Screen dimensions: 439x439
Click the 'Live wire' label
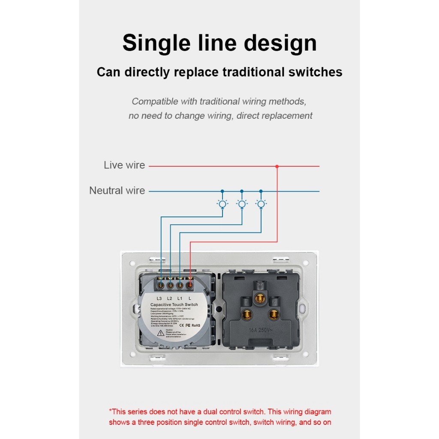pyautogui.click(x=124, y=165)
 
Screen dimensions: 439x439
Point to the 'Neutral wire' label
pyautogui.click(x=117, y=191)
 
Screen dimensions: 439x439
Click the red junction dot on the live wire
pyautogui.click(x=277, y=166)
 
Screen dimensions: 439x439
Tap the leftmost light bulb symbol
pyautogui.click(x=222, y=204)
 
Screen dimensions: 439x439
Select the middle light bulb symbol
pyautogui.click(x=242, y=204)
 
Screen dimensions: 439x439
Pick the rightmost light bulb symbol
pyautogui.click(x=261, y=204)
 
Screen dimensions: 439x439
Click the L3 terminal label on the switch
pyautogui.click(x=159, y=298)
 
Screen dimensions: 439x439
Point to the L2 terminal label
pyautogui.click(x=170, y=298)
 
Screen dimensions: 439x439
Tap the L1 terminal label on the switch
pyautogui.click(x=180, y=298)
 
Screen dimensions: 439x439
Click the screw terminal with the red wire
pyautogui.click(x=189, y=284)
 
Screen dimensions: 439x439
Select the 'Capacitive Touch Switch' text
pyautogui.click(x=174, y=305)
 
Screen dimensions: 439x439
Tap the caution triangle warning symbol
pyautogui.click(x=159, y=333)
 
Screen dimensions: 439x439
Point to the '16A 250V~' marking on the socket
pyautogui.click(x=260, y=330)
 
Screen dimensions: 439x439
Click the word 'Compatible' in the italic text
pyautogui.click(x=154, y=102)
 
